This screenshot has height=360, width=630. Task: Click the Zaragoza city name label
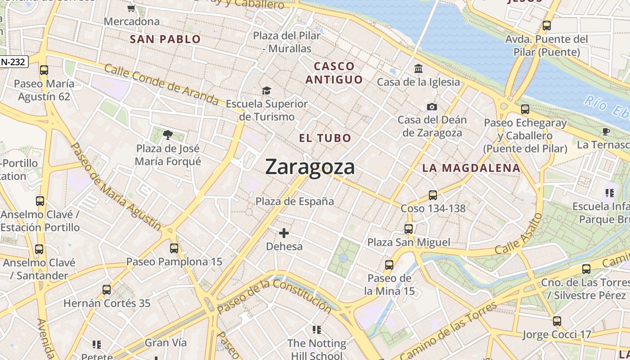pos(310,167)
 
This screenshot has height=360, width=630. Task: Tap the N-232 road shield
pos(14,62)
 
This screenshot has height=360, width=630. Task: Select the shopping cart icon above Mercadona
pos(131,8)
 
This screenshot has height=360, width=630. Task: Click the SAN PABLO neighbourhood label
pos(165,39)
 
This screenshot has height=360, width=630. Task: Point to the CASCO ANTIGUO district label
pos(334,73)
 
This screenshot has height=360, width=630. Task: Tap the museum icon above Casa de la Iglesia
pos(418,69)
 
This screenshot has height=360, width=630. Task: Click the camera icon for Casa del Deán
pos(432,107)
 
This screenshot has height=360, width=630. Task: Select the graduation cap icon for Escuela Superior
pos(267,91)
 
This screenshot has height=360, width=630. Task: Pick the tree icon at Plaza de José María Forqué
pos(168,135)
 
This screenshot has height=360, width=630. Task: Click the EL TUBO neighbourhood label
pos(325,138)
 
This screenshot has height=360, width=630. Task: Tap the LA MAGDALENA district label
pos(471,168)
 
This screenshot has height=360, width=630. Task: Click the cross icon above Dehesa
pos(284,233)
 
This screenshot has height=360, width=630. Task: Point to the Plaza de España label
pos(295,201)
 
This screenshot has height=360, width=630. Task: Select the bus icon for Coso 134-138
pos(433,195)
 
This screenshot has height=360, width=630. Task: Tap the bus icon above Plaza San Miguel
pos(409,229)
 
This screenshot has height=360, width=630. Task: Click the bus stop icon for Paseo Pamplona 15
pos(174,248)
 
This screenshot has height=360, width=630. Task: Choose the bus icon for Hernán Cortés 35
pos(107,290)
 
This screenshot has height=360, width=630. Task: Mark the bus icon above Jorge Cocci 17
pos(557,321)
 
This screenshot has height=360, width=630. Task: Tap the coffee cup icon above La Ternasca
pos(606,131)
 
